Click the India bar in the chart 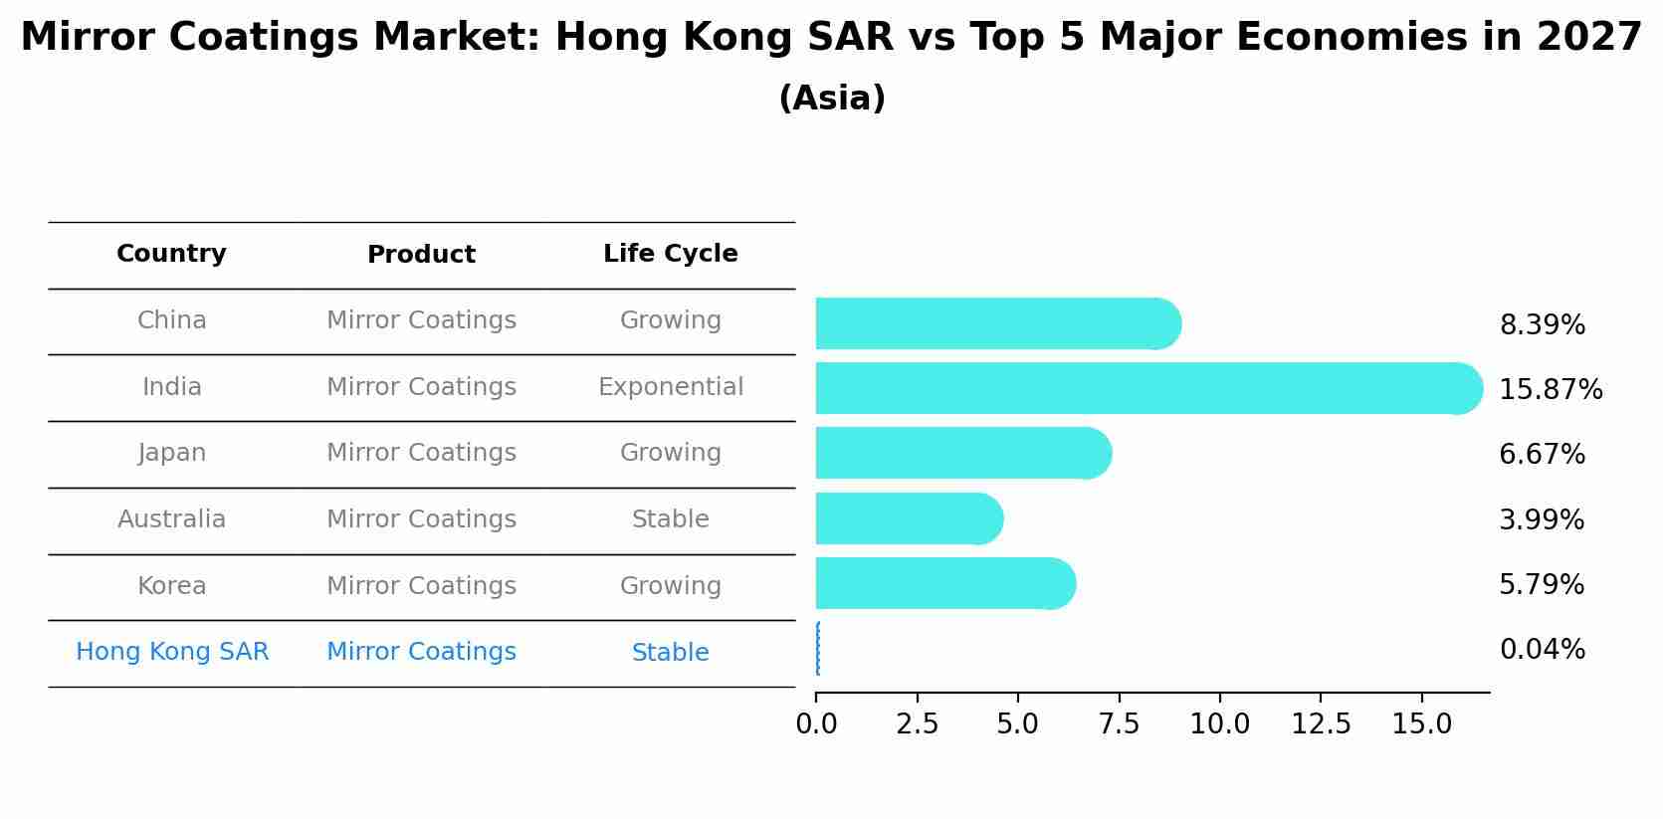[1144, 388]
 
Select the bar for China [995, 323]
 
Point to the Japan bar [961, 453]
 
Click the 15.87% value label [1550, 389]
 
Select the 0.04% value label [1542, 650]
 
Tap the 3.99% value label [1541, 519]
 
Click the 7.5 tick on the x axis [1119, 724]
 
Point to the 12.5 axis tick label [1321, 724]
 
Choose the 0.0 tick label [816, 724]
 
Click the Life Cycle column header [670, 254]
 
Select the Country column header [171, 254]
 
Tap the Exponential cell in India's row [670, 387]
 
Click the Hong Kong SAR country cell [172, 652]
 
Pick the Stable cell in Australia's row [670, 519]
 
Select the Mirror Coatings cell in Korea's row [421, 586]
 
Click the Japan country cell [172, 453]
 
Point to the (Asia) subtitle [831, 99]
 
